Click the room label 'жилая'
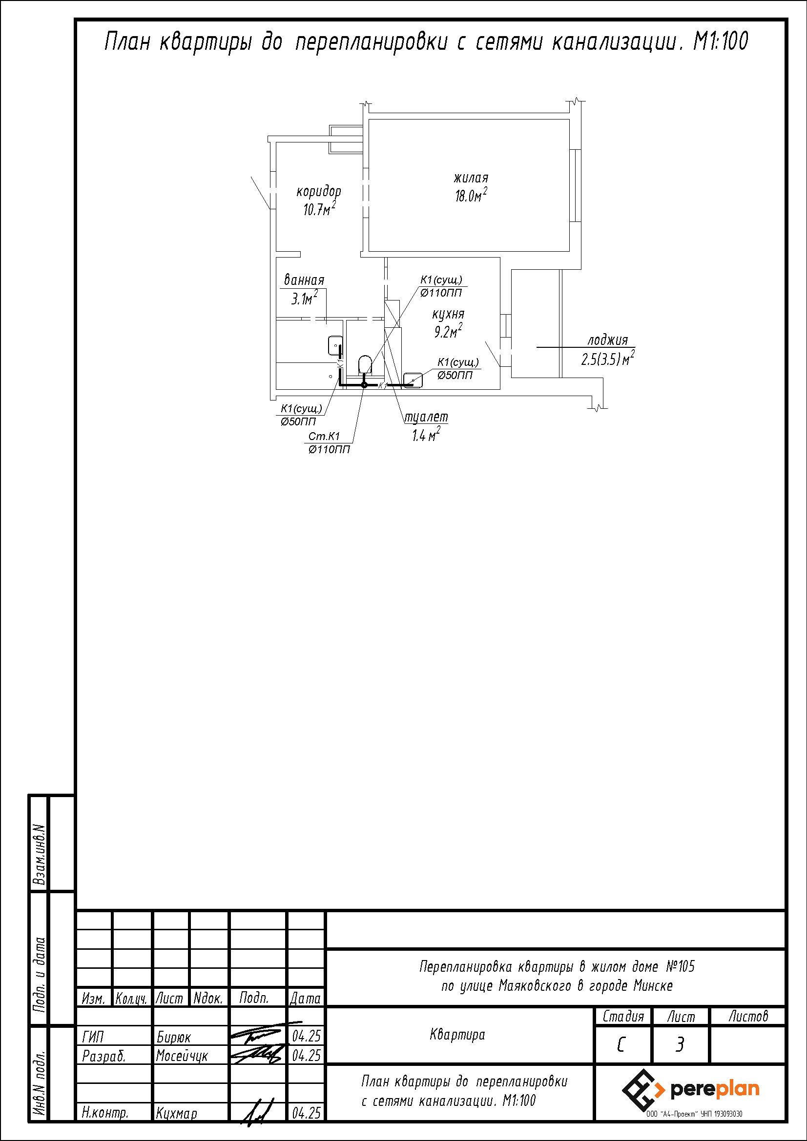pos(471,178)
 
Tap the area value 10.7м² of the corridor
pos(319,209)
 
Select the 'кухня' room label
pos(448,315)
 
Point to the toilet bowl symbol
pos(365,364)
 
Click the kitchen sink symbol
pos(413,380)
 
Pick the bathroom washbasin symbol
pos(335,345)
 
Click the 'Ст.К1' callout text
pos(324,436)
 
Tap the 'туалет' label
pos(426,418)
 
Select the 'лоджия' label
pos(608,340)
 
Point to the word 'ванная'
pos(304,280)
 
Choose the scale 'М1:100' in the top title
pos(721,41)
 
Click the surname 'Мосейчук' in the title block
pos(182,1056)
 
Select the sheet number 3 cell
pos(680,1045)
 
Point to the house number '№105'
pos(680,966)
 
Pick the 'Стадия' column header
pos(623,1017)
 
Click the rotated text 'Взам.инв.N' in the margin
pos(40,854)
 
